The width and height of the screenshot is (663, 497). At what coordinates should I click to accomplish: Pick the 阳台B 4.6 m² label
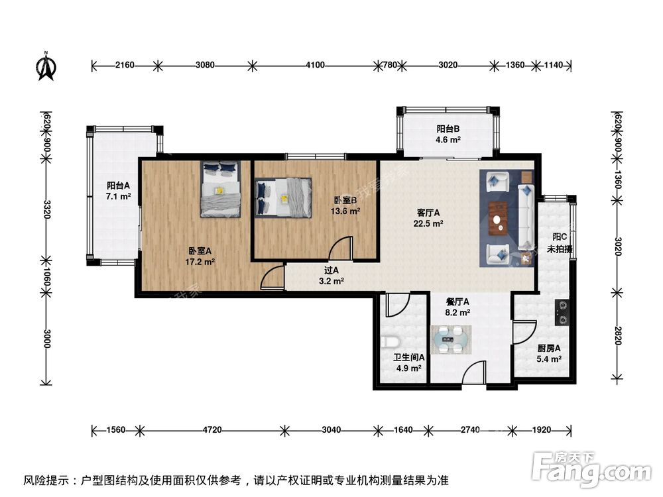[448, 135]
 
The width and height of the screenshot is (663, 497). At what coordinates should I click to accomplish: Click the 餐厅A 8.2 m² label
[457, 307]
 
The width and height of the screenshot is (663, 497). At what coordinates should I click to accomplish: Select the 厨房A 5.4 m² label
[549, 353]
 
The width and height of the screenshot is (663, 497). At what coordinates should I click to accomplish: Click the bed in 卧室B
[283, 197]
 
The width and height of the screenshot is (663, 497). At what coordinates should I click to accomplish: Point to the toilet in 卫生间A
[391, 341]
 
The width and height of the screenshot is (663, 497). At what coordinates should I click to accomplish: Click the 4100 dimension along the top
[316, 65]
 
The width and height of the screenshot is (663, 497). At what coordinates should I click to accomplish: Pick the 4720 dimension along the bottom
[211, 430]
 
